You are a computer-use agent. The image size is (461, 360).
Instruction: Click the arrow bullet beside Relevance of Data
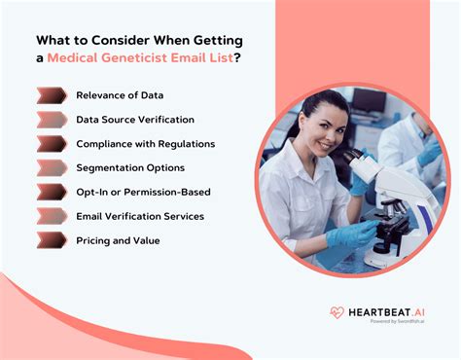(51, 95)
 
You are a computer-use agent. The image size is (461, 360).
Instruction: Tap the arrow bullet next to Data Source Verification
(51, 120)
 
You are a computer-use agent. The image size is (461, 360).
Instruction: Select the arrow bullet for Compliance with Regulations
(51, 144)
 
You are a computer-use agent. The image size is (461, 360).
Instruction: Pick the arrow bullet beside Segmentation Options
(51, 168)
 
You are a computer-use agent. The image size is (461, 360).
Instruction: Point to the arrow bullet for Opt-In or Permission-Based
(51, 192)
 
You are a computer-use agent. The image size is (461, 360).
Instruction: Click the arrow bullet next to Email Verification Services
(51, 216)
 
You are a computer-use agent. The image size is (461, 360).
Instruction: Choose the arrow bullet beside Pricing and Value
(51, 240)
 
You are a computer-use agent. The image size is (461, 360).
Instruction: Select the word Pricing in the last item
(93, 240)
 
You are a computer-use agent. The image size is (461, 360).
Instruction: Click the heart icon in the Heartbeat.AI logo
(337, 313)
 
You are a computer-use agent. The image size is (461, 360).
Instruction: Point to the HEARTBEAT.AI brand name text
(387, 311)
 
